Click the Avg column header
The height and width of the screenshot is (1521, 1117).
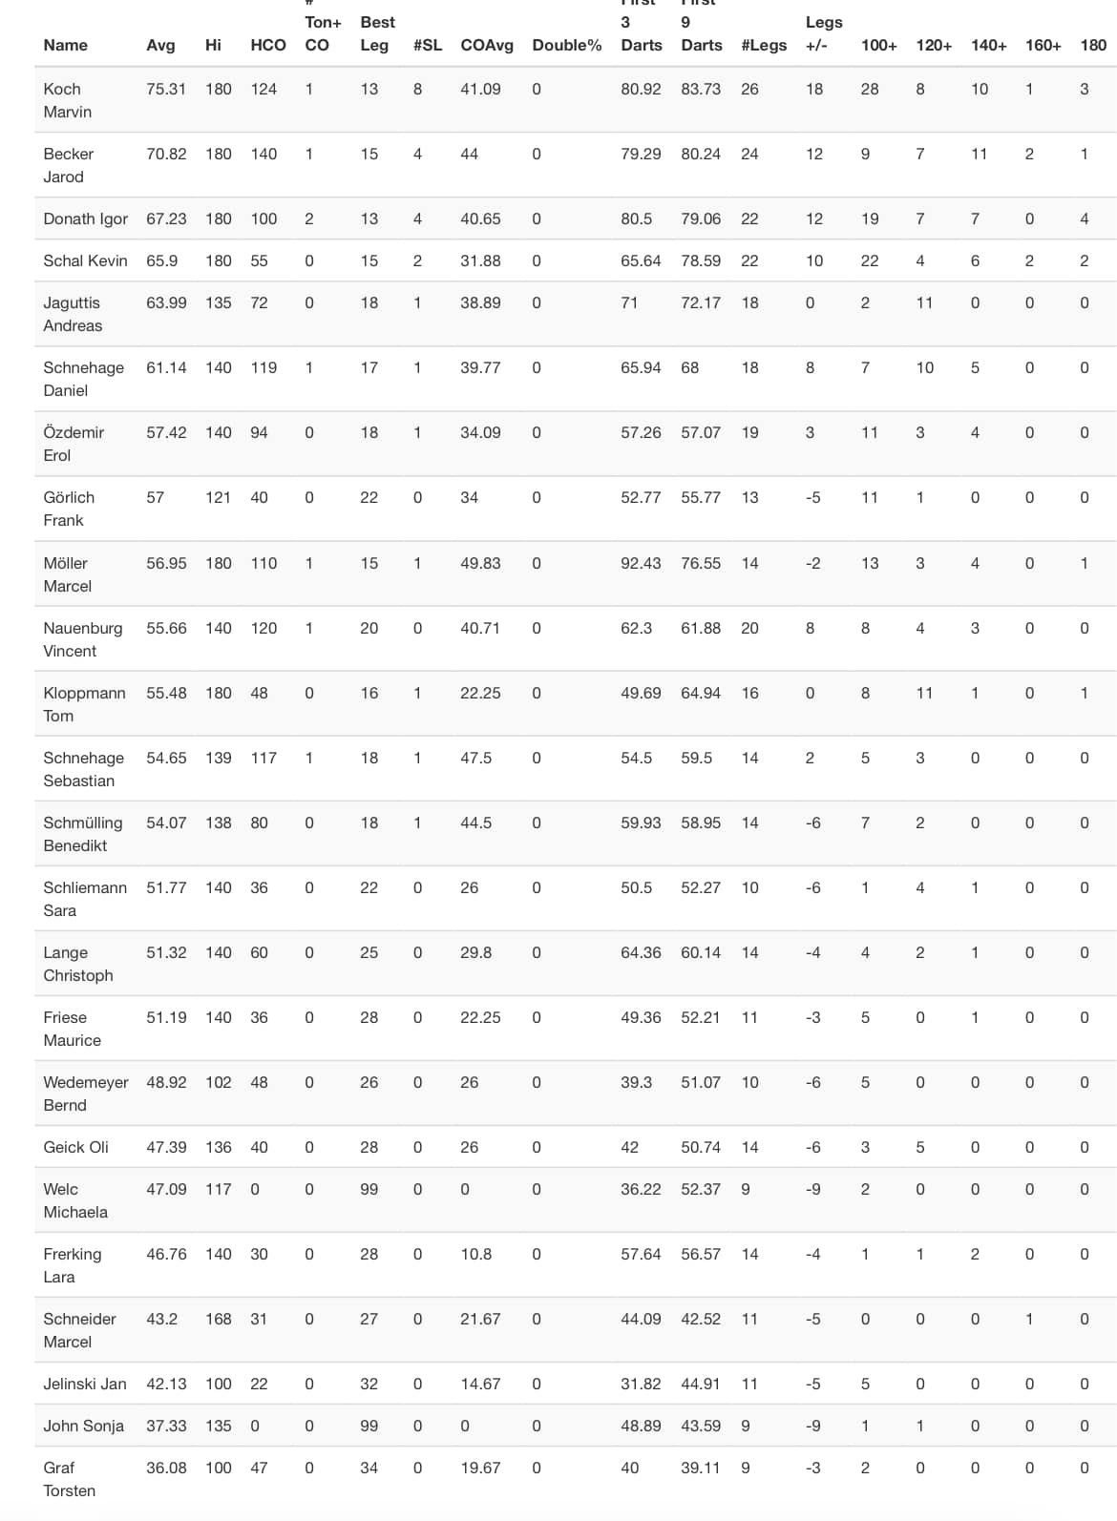pos(160,45)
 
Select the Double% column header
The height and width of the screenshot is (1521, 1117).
pos(567,45)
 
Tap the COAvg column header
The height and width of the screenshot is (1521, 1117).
pos(487,45)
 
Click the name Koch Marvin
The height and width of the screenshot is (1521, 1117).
pos(67,100)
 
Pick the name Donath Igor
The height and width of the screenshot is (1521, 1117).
pos(85,219)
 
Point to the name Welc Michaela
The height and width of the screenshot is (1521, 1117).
pos(74,1200)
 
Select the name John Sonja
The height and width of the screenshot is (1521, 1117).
pos(83,1426)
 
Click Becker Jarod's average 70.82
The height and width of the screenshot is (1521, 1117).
pos(166,154)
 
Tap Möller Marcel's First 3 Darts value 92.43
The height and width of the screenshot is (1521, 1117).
pos(641,563)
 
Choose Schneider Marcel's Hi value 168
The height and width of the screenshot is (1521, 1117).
pos(219,1319)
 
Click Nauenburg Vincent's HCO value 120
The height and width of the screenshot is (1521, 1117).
pos(263,628)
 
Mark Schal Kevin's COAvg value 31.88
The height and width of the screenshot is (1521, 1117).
pos(480,260)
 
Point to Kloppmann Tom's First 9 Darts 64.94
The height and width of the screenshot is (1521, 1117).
pos(701,693)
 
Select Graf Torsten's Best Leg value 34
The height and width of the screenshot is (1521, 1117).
pos(369,1468)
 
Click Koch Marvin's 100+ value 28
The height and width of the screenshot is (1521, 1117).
pos(870,89)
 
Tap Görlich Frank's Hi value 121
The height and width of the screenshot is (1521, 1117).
pos(219,497)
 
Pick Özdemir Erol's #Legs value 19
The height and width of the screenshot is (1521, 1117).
pos(750,432)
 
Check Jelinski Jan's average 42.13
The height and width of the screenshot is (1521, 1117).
pos(166,1384)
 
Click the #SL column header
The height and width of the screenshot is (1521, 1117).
pos(428,45)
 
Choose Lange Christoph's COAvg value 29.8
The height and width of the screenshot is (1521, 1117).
pos(476,952)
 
